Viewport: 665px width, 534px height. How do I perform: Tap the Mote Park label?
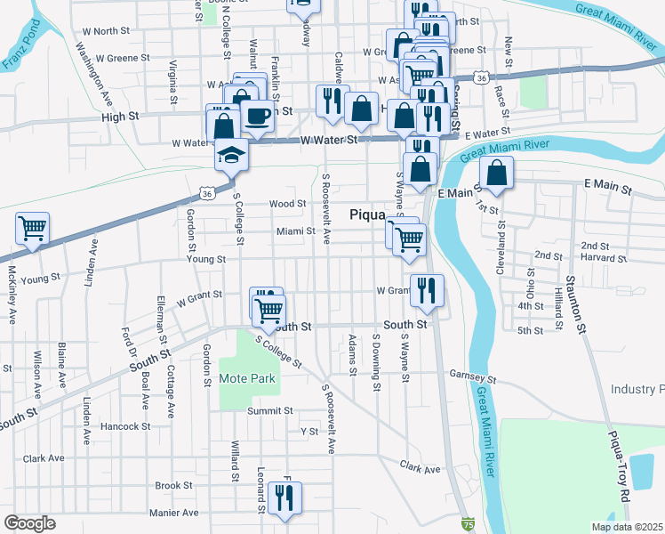coord(248,379)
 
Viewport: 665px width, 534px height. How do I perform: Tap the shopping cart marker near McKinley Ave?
coord(32,228)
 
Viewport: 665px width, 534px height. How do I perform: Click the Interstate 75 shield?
coord(468,525)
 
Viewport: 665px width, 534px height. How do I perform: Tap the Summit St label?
coord(270,410)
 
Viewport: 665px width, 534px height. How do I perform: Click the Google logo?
coord(29,523)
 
